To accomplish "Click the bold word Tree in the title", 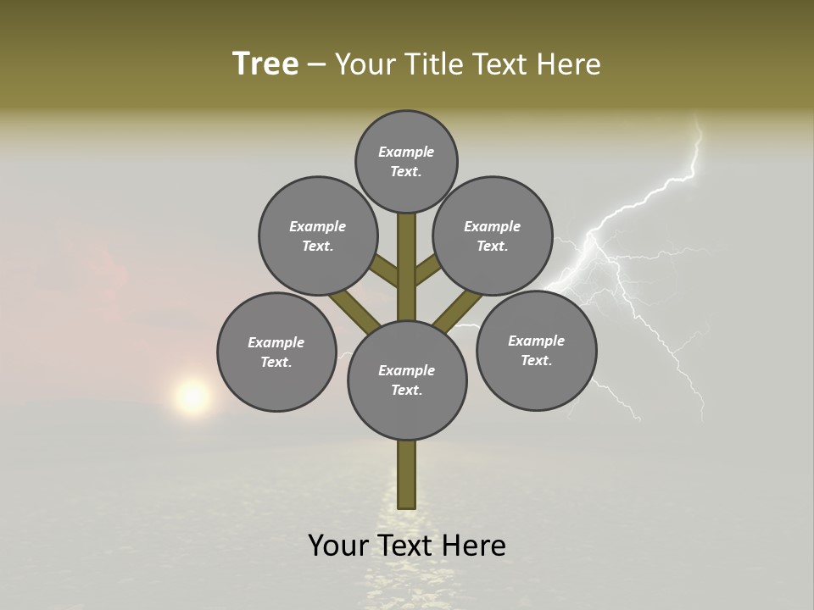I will coord(265,64).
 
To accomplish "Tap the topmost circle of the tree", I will coord(406,161).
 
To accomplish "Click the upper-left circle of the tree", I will coord(318,236).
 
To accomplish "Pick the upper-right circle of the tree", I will coord(493,236).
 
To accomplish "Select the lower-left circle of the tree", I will coord(276,352).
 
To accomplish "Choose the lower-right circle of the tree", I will coord(536,350).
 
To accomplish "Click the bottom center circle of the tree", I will coord(407,380).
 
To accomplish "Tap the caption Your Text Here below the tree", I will coord(407,546).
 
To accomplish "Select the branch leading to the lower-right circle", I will coord(459,310).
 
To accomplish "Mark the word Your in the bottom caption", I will coord(338,546).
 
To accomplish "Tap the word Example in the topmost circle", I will coord(406,152).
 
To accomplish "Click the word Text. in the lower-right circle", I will coord(536,360).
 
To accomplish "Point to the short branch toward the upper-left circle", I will coord(384,271).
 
